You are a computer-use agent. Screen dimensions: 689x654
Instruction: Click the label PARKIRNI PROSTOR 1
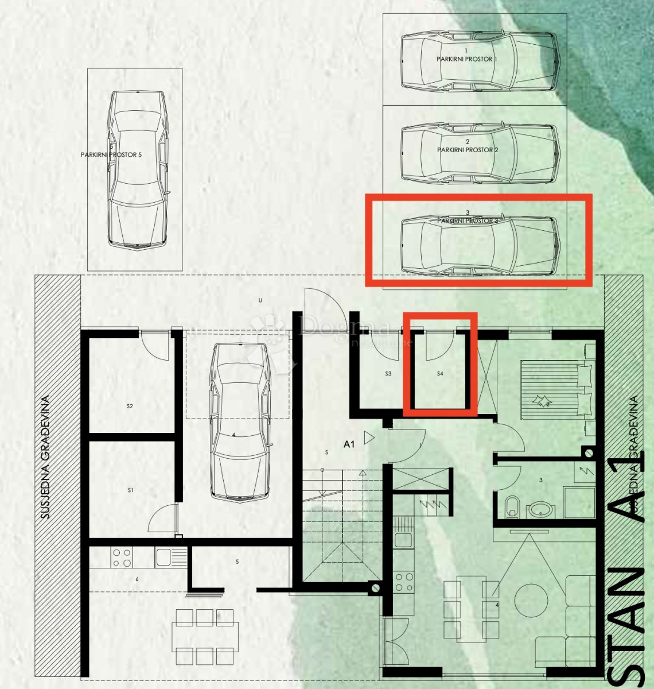point(466,59)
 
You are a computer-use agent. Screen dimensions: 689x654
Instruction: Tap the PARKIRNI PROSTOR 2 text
point(468,150)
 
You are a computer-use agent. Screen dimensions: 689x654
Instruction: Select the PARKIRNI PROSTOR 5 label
point(111,155)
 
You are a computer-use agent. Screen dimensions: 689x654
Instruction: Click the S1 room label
point(130,490)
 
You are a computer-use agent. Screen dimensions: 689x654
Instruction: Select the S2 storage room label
point(130,407)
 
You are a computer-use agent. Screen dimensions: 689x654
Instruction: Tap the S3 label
point(388,374)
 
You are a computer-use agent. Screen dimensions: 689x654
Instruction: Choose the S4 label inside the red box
point(440,374)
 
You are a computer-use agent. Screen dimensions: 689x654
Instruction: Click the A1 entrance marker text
point(349,444)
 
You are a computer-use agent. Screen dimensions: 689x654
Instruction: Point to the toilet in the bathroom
point(512,507)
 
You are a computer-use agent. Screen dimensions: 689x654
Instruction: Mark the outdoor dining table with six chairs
point(205,636)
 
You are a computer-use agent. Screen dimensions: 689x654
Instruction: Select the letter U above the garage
point(260,300)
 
